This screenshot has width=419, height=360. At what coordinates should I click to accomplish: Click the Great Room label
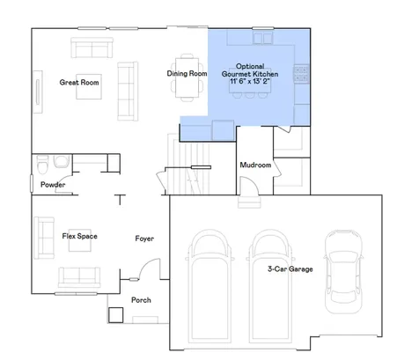click(79, 83)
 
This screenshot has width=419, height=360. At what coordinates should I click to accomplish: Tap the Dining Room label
click(187, 73)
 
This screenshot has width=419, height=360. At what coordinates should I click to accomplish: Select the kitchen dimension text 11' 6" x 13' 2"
click(250, 81)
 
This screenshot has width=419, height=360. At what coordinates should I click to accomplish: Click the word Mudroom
click(255, 165)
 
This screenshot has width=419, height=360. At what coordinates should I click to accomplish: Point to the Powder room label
click(53, 185)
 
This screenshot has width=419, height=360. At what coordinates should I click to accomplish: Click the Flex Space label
click(79, 236)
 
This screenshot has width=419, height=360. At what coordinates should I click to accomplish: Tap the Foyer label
click(144, 239)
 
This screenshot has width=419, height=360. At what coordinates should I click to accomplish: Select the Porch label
click(141, 300)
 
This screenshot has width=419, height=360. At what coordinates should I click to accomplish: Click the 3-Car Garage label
click(290, 269)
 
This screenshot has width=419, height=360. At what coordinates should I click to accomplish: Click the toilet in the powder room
click(42, 164)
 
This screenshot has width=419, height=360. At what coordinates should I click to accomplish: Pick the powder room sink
click(62, 161)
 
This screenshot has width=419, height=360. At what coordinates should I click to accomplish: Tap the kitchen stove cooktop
click(301, 73)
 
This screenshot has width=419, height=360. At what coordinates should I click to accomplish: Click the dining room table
click(187, 77)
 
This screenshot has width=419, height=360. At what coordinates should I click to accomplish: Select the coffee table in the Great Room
click(89, 86)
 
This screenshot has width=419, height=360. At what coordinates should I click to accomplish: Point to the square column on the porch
click(115, 315)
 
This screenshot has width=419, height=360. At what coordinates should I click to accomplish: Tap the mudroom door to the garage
click(249, 186)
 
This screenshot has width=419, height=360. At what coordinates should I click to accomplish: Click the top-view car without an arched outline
click(343, 272)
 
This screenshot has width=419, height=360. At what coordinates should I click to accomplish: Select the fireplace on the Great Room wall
click(38, 92)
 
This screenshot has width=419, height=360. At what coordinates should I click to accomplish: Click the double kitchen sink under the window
click(263, 38)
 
